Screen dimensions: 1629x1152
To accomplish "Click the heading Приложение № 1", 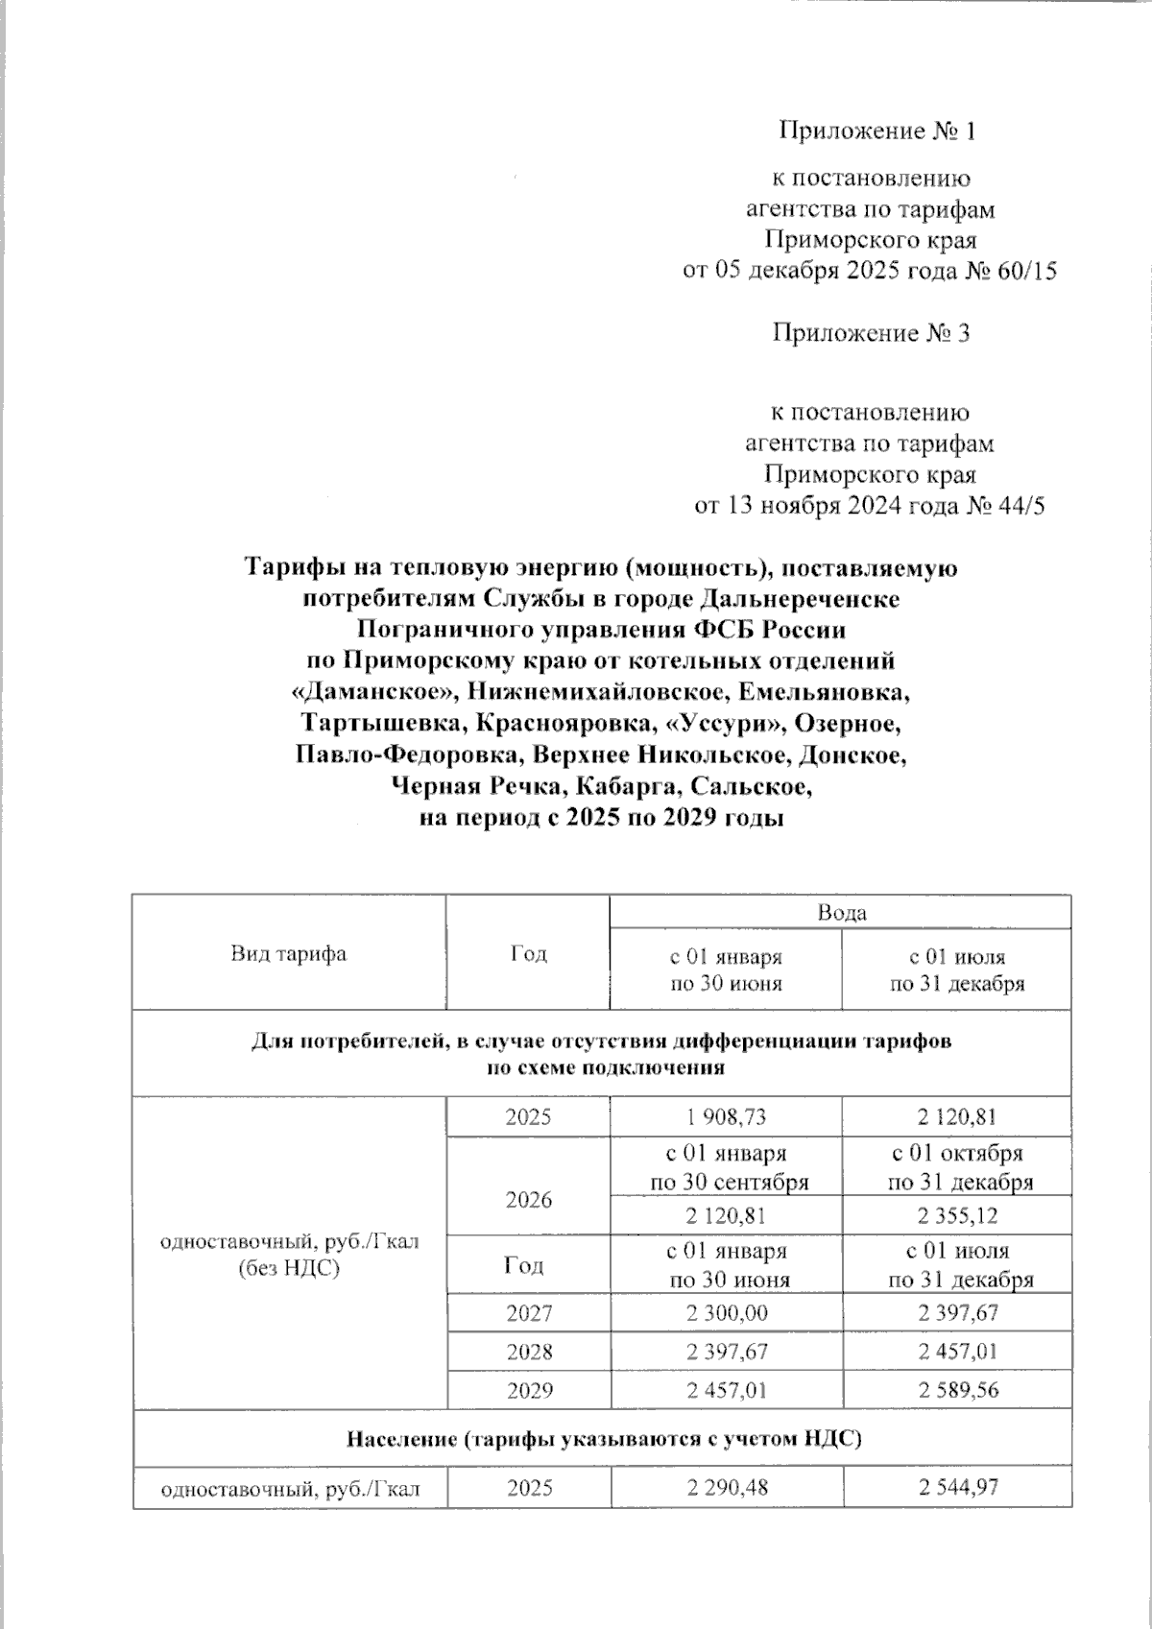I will [876, 132].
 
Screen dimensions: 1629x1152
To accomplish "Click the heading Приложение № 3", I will [872, 333].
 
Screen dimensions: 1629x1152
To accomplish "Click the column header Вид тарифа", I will [288, 954].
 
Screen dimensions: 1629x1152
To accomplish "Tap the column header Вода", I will [841, 912].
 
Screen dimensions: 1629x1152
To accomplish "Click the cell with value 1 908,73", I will [726, 1117].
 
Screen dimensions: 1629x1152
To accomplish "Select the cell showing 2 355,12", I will [957, 1216].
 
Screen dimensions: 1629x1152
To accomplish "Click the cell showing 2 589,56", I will [957, 1390].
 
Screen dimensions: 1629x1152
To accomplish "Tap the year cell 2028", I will [529, 1352].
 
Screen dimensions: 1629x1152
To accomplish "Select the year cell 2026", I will [529, 1200].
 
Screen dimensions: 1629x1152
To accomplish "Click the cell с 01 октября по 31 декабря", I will [957, 1167].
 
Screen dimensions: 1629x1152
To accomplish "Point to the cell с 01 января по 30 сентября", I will [726, 1167].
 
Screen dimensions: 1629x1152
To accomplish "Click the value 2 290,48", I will [726, 1488].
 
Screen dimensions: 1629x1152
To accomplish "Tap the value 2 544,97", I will [957, 1488].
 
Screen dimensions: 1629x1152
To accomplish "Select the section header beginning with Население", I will [602, 1439].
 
